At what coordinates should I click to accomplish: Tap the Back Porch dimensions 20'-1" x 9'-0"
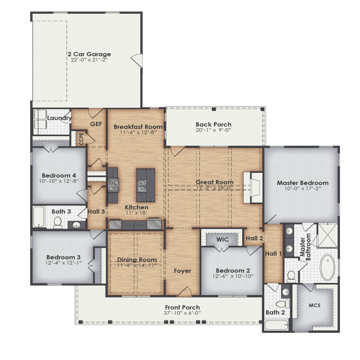click(213, 130)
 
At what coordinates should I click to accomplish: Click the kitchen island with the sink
click(145, 185)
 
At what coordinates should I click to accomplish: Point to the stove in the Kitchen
click(113, 185)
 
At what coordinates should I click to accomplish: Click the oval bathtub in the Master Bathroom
click(327, 267)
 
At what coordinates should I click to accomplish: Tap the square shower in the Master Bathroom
click(327, 235)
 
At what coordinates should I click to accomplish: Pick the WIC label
click(222, 239)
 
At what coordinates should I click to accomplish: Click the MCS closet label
click(314, 305)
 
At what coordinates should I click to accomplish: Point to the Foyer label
click(183, 271)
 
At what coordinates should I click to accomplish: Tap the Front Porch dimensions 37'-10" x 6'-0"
click(183, 313)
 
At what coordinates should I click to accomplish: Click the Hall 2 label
click(254, 238)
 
